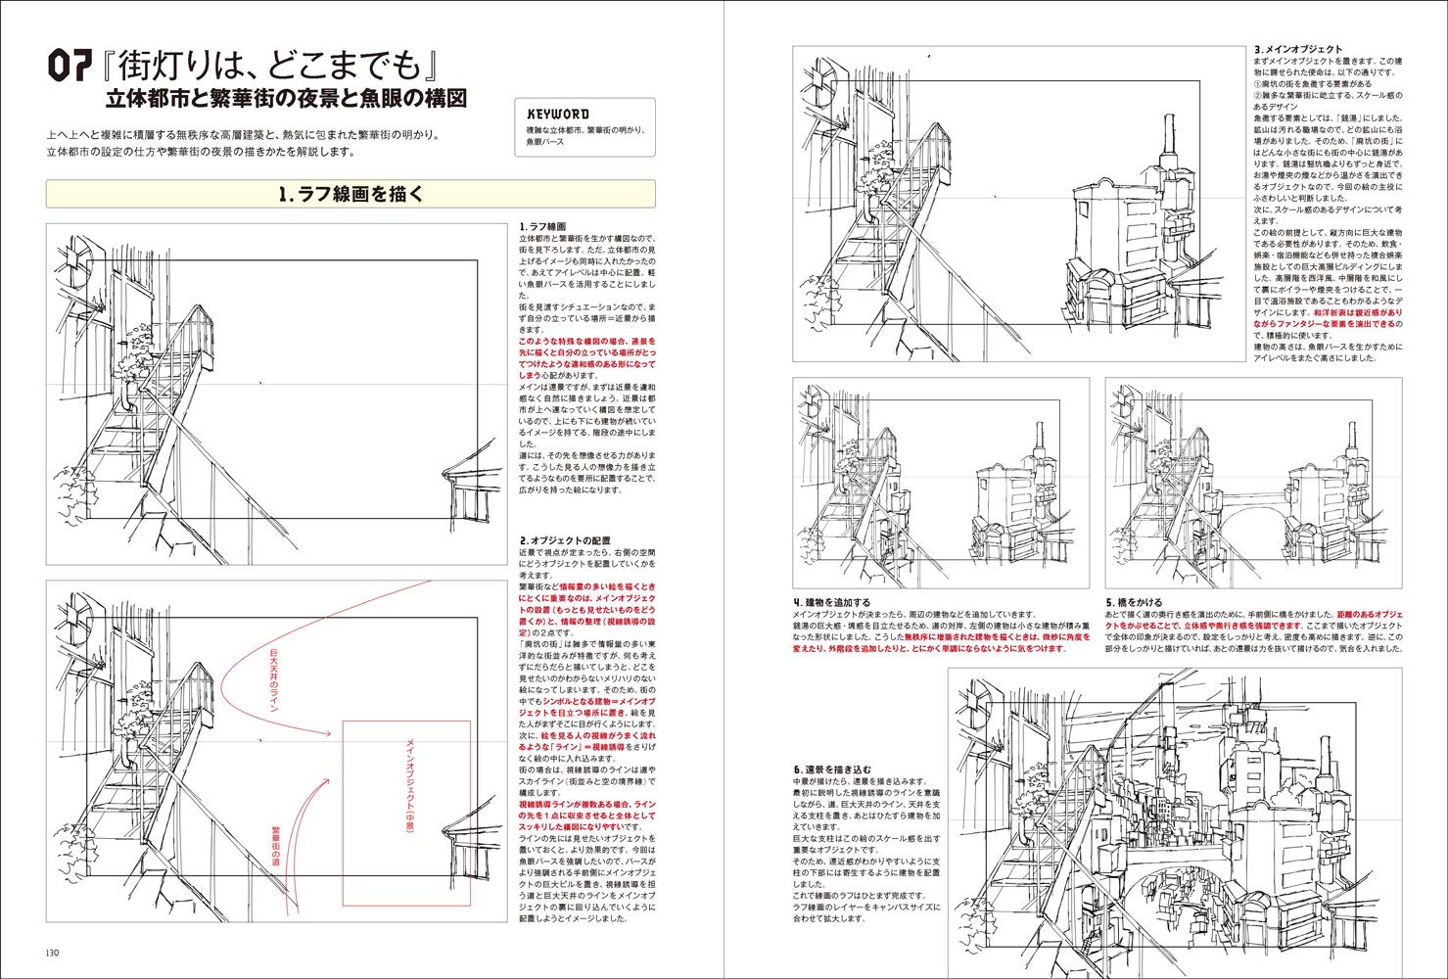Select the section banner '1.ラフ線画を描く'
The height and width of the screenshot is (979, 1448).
tap(350, 194)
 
